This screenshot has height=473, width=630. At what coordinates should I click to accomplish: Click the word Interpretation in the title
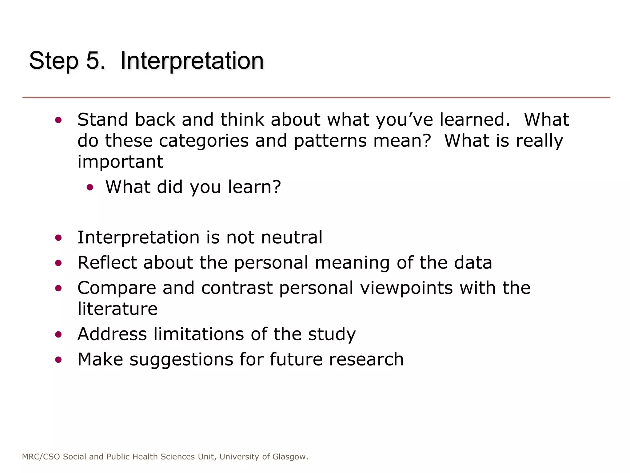(x=192, y=61)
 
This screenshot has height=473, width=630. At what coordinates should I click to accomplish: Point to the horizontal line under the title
(x=316, y=98)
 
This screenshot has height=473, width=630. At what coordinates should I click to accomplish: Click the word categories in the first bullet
(x=204, y=141)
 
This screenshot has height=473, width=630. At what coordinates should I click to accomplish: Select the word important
(x=120, y=162)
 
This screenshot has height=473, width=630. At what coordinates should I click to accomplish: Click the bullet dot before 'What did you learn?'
(x=90, y=187)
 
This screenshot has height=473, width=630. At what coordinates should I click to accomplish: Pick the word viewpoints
(x=406, y=288)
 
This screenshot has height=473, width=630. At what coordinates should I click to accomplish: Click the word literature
(x=118, y=309)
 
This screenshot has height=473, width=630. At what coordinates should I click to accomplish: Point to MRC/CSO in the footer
(x=41, y=457)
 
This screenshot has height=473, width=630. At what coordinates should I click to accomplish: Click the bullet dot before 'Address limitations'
(x=58, y=335)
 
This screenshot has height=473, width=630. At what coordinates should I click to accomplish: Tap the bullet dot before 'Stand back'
(x=58, y=120)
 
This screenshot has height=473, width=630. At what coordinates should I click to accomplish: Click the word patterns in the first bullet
(x=330, y=141)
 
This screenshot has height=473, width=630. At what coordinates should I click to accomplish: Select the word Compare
(x=117, y=289)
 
